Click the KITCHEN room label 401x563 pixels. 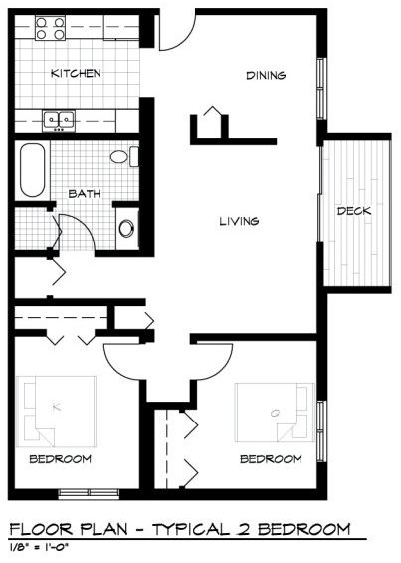click(76, 74)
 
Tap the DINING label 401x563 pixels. click(266, 75)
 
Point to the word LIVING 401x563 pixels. click(239, 221)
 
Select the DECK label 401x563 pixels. click(354, 211)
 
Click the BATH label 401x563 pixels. click(85, 194)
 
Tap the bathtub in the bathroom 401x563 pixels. click(32, 170)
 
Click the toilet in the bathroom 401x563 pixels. click(124, 156)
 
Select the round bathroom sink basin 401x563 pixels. click(126, 229)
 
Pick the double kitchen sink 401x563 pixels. click(59, 120)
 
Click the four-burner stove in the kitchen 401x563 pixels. click(50, 28)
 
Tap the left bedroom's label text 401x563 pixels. click(61, 459)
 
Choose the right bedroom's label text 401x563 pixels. click(271, 459)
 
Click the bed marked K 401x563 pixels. click(56, 412)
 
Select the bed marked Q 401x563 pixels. click(275, 413)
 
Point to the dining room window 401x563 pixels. click(321, 88)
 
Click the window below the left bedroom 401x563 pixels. click(89, 494)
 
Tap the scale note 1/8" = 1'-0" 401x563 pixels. click(39, 548)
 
